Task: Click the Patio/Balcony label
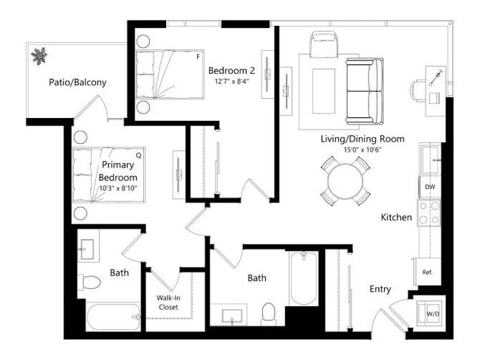[x=78, y=83]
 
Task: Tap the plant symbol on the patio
[x=38, y=55]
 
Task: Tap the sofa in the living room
[x=365, y=91]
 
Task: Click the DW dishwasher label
[x=429, y=187]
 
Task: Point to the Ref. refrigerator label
[x=427, y=271]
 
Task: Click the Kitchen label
[x=396, y=218]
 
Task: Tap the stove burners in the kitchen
[x=429, y=212]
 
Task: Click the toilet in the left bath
[x=91, y=282]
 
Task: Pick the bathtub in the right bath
[x=304, y=278]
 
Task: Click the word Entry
[x=380, y=289]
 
